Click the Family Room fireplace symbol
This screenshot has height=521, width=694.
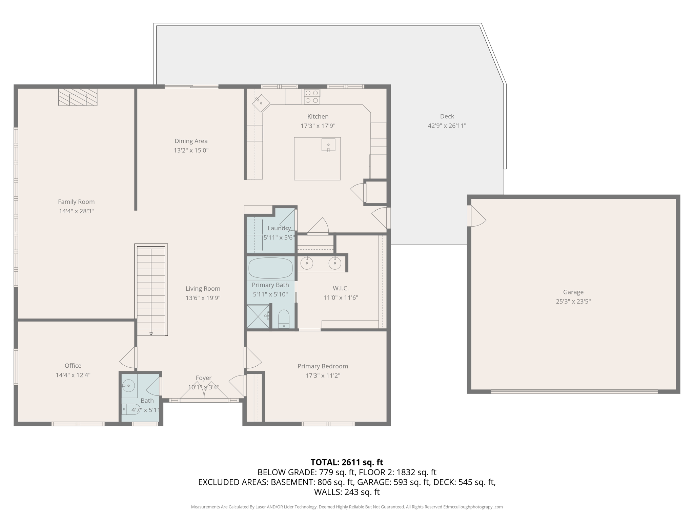[78, 97]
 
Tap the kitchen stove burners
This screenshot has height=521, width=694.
[312, 97]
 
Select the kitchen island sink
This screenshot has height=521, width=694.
[328, 145]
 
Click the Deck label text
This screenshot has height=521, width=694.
[447, 116]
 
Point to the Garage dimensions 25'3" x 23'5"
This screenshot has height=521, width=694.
[573, 301]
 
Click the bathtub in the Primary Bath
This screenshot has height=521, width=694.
[270, 268]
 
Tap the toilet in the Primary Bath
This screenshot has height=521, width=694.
[284, 319]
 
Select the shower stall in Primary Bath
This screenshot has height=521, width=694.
[258, 317]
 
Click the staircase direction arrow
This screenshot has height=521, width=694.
[151, 334]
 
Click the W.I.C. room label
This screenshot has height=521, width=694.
[341, 288]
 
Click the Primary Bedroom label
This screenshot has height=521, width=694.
[323, 366]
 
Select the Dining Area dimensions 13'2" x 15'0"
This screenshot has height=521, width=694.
[191, 150]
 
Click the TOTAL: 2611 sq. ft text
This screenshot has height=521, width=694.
[347, 462]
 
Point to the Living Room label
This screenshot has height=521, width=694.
[203, 289]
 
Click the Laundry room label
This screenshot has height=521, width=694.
[279, 228]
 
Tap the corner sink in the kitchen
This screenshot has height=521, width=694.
[261, 103]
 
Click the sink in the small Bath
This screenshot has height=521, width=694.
[128, 386]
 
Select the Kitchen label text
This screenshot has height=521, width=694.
[318, 117]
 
